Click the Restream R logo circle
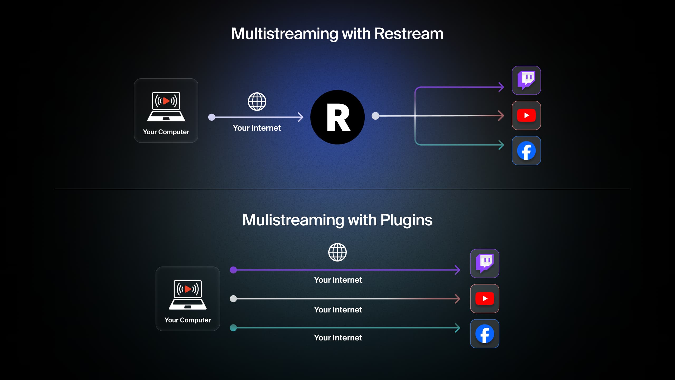(337, 117)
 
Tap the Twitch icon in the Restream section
(526, 80)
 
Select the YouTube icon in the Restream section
(526, 115)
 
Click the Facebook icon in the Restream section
(526, 151)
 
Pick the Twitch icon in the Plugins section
(485, 263)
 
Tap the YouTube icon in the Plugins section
(485, 298)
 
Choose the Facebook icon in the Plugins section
(485, 334)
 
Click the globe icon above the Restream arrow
(257, 102)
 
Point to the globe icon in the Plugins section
(337, 252)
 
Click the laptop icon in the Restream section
(166, 107)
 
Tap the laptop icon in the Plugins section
(188, 295)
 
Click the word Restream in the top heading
(409, 34)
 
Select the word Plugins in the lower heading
(406, 220)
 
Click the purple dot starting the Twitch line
(233, 270)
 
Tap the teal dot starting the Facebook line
(233, 328)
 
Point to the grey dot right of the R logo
(375, 116)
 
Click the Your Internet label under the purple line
(338, 280)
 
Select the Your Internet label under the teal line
(338, 338)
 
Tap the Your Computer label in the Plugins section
(188, 320)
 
